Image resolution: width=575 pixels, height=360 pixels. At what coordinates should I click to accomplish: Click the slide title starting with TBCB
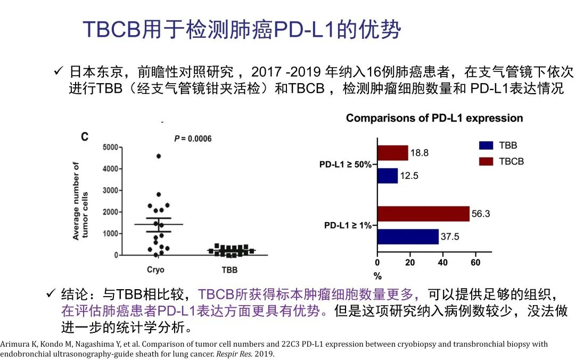coord(241,30)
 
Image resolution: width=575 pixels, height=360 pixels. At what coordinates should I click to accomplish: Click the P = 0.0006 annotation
coord(193,139)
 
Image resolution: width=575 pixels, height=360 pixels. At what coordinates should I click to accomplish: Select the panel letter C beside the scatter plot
coord(84,137)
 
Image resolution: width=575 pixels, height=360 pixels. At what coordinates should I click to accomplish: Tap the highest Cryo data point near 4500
coord(158,156)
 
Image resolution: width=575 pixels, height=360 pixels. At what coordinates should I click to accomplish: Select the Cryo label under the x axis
coord(155,270)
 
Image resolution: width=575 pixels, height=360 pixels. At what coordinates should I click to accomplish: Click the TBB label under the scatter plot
coord(229,270)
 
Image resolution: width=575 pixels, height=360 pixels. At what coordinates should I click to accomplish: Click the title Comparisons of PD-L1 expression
coord(434,118)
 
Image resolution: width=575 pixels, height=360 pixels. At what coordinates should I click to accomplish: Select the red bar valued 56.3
coord(423,214)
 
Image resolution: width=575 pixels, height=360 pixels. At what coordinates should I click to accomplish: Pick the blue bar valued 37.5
coord(408,236)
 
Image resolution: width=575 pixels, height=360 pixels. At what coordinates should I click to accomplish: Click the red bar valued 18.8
coord(392,153)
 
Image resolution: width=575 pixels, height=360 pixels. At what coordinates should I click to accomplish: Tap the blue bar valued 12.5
coord(388,176)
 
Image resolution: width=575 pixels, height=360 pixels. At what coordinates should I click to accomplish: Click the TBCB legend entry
coord(511,161)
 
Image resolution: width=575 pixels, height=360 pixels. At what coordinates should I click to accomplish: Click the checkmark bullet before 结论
coord(51,293)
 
